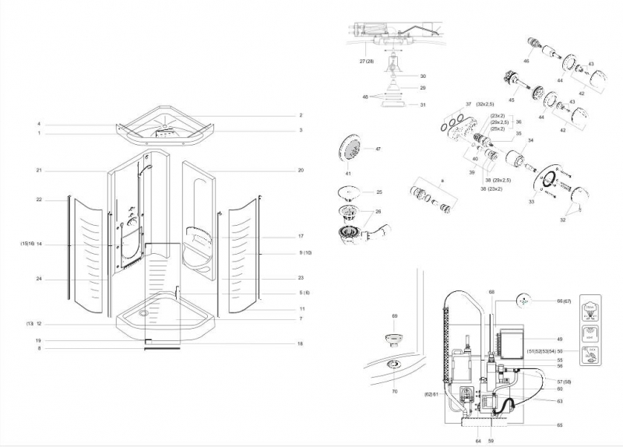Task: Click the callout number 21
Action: pyautogui.click(x=38, y=170)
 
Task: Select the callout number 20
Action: pyautogui.click(x=300, y=170)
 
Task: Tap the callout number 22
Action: pyautogui.click(x=38, y=199)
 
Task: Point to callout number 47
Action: pyautogui.click(x=378, y=149)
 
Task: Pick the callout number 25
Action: pyautogui.click(x=379, y=192)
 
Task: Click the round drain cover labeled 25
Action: pyautogui.click(x=350, y=192)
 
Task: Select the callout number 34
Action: pyautogui.click(x=531, y=140)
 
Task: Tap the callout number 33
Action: pyautogui.click(x=531, y=202)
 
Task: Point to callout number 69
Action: pyautogui.click(x=394, y=315)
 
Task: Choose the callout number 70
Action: pyautogui.click(x=394, y=390)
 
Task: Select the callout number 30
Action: pyautogui.click(x=423, y=76)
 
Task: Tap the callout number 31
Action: pyautogui.click(x=423, y=105)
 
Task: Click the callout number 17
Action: pyautogui.click(x=300, y=236)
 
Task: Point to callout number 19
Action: pyautogui.click(x=38, y=340)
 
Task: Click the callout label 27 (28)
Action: pyautogui.click(x=367, y=60)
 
